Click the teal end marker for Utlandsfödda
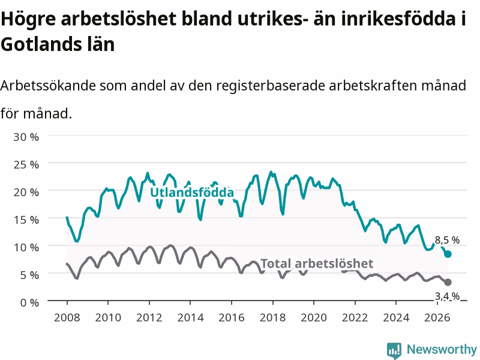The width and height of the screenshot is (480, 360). tap(448, 254)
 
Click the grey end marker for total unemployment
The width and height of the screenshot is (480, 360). tap(448, 282)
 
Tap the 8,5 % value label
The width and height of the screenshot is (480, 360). tap(447, 241)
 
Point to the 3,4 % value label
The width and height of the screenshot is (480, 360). tap(447, 296)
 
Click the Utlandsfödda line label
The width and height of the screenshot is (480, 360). tap(192, 192)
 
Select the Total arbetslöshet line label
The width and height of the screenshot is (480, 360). tap(317, 263)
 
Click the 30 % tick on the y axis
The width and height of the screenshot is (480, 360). tap(26, 137)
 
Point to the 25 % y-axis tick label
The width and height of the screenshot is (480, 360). tap(26, 164)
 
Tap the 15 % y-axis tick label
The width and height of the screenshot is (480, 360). tap(26, 220)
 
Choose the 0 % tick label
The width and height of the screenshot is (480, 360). tap(29, 303)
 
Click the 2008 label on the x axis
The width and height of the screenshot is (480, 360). tap(67, 317)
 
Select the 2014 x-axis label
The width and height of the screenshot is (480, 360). tap(190, 317)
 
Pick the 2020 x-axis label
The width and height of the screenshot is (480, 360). tap(314, 317)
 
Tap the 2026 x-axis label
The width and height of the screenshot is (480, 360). tap(437, 317)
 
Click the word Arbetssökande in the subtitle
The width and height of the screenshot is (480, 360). tap(48, 85)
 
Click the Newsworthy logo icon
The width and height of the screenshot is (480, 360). tap(394, 350)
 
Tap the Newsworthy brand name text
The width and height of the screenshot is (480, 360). tap(442, 350)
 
